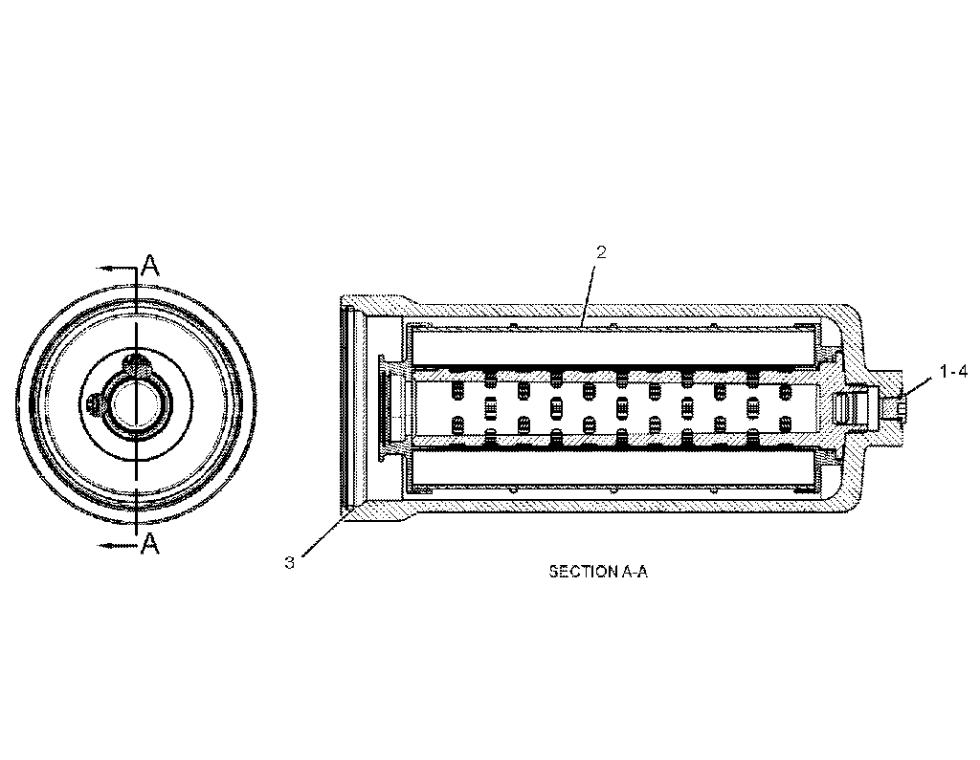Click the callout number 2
tap(601, 252)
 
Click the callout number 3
tap(289, 562)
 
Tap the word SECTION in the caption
tap(578, 572)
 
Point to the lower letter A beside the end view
tap(149, 544)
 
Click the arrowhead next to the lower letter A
tap(102, 544)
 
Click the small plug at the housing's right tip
tap(902, 408)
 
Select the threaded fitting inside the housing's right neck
tap(847, 407)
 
